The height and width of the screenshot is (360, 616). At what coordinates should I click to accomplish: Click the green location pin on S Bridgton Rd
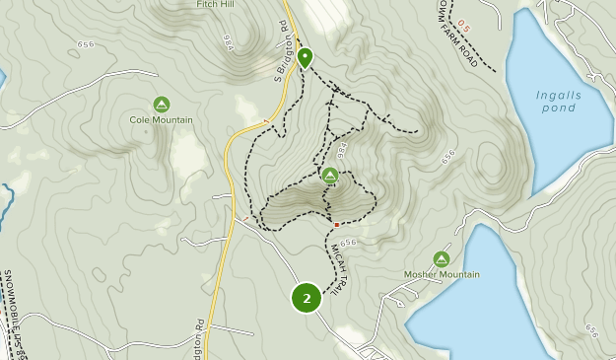(x=305, y=57)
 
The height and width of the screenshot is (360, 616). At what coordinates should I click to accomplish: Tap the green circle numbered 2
(x=307, y=297)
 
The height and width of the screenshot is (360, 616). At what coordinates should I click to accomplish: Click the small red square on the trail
(x=336, y=224)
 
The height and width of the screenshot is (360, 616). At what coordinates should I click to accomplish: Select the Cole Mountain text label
(x=162, y=120)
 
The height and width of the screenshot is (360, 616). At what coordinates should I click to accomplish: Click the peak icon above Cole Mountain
(x=162, y=104)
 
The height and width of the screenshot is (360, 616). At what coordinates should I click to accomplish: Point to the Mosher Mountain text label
(x=442, y=274)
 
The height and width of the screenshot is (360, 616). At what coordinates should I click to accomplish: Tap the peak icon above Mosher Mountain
(x=442, y=258)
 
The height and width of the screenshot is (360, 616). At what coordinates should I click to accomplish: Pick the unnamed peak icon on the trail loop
(x=330, y=176)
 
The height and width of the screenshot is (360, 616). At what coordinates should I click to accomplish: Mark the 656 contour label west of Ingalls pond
(x=449, y=157)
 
